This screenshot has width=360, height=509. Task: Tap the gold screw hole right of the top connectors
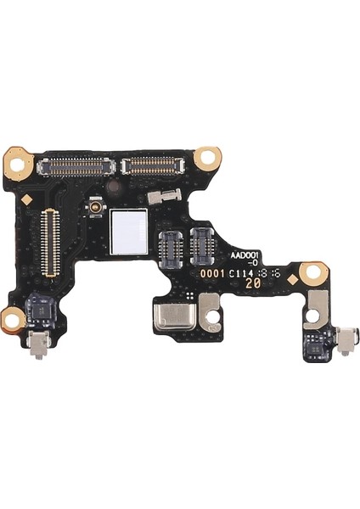[x=206, y=158]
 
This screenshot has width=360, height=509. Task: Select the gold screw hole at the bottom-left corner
[x=14, y=319]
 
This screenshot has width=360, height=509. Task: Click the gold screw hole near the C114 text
[x=313, y=272]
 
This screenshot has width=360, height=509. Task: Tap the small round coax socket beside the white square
[x=97, y=208]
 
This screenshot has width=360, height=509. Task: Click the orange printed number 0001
[x=212, y=273]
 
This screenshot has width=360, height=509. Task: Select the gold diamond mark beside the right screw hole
[x=293, y=278]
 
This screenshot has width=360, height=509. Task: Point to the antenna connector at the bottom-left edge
[x=37, y=343]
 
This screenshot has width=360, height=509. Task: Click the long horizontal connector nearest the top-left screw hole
[x=76, y=165]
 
